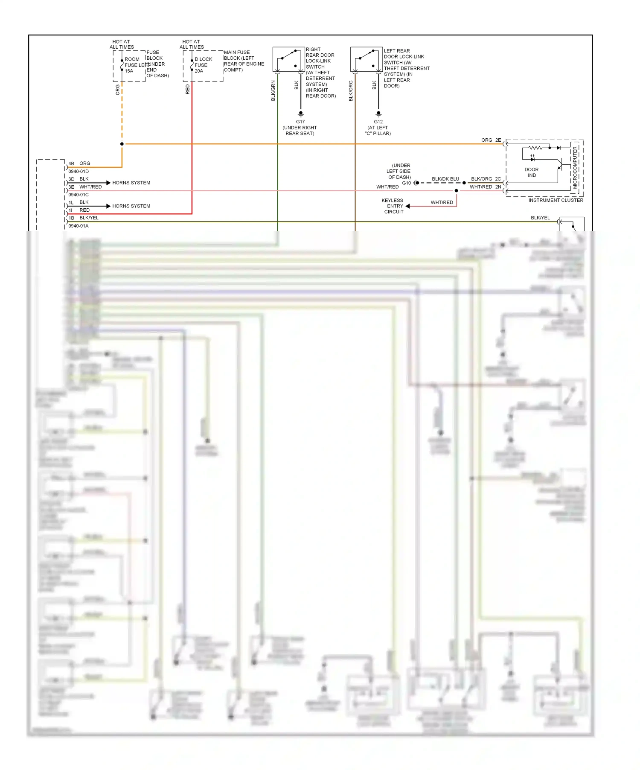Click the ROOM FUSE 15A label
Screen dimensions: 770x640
[x=131, y=65]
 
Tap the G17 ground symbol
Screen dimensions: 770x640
[x=301, y=114]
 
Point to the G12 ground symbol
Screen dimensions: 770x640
[x=378, y=114]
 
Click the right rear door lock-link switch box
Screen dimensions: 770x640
[x=288, y=59]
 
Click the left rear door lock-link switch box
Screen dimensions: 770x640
[x=366, y=59]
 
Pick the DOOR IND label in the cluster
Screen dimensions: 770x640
[x=532, y=172]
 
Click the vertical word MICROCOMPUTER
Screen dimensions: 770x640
[x=575, y=168]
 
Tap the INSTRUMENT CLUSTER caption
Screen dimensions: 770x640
[x=556, y=200]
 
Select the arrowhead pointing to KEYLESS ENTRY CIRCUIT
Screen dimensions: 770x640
[x=408, y=206]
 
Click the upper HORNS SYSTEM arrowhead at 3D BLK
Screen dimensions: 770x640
[x=108, y=183]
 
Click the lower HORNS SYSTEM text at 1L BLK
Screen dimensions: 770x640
[x=131, y=206]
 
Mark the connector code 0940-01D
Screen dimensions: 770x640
[x=79, y=172]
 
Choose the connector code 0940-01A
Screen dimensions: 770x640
[x=79, y=226]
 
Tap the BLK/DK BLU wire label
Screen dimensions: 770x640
[x=445, y=179]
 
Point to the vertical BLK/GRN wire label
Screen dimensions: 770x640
[x=273, y=90]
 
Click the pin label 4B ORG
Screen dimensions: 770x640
[x=79, y=163]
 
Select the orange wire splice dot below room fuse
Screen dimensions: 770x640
[x=122, y=144]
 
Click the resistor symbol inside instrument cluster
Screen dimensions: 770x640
[x=535, y=148]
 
